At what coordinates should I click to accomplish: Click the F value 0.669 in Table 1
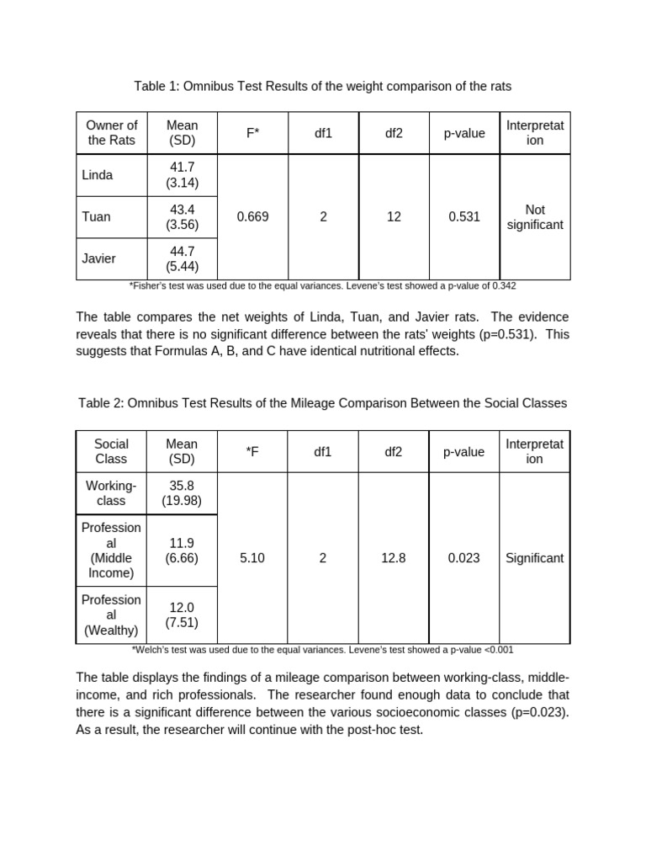coord(252,217)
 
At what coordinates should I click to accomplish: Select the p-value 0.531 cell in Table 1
coord(464,217)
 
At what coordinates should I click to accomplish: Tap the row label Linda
coord(98,175)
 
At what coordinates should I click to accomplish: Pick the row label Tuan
coord(97,217)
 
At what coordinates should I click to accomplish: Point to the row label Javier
coord(99,258)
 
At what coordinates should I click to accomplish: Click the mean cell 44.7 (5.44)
coord(183,258)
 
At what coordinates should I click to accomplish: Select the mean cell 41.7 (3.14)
coord(183,175)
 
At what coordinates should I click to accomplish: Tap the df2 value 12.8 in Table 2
coord(394,558)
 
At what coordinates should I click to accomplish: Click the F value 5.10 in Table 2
coord(252,558)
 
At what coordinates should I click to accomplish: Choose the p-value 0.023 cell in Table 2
coord(464,558)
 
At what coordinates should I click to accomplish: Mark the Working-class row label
coord(111,493)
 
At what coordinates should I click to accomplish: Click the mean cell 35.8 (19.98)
coord(183,493)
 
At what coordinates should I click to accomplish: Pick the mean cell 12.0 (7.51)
coord(183,615)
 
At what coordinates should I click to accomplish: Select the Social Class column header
coord(111,451)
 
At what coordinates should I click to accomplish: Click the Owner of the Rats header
coord(111,133)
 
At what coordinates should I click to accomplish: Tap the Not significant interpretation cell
coord(535,217)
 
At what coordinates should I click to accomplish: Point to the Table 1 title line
coord(323,87)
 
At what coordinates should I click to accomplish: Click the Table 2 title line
coord(323,403)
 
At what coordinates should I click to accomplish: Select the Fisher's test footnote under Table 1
coord(323,286)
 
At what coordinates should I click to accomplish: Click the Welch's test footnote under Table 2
coord(323,650)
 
